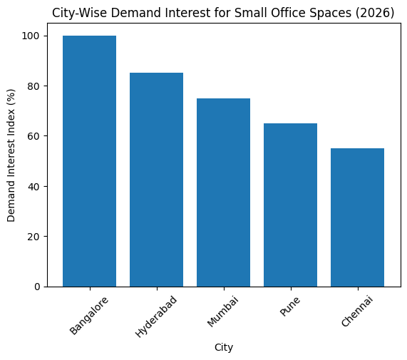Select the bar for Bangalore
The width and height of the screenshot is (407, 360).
point(89,161)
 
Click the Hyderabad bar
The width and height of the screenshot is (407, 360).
point(156,180)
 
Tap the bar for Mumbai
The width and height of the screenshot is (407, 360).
point(223,192)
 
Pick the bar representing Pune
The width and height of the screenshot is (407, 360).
point(290,205)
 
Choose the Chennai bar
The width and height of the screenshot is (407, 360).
point(357,217)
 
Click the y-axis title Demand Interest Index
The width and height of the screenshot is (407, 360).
point(11,161)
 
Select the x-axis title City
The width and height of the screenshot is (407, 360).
point(223,347)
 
